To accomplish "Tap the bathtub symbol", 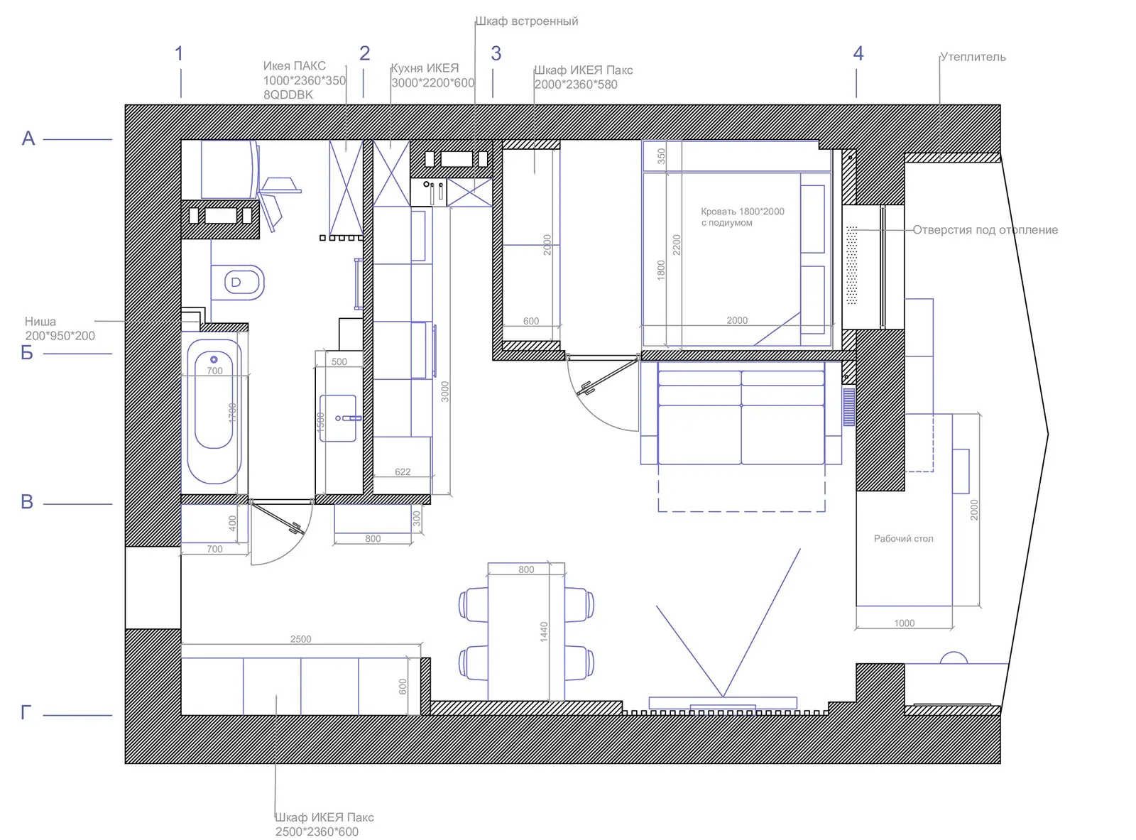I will point(214,412).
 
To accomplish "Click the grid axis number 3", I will point(496,54).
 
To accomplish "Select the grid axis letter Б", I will point(27,353).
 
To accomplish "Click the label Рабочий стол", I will point(903,539).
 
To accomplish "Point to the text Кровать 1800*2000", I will point(742,212).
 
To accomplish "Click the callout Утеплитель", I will point(973,57).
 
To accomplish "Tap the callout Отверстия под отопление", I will point(985,230).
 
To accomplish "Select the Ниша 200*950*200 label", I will point(59,329).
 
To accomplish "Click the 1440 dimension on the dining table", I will point(544,631).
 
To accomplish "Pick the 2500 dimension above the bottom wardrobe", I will point(300,639).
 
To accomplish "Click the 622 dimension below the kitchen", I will point(403,471).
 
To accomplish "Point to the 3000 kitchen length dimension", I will point(445,392).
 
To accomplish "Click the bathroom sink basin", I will point(338,418).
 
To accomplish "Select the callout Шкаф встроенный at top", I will point(526,21).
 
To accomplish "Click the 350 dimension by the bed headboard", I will point(661,156).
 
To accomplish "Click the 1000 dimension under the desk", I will point(904,623).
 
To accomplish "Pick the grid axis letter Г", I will point(26,712).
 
